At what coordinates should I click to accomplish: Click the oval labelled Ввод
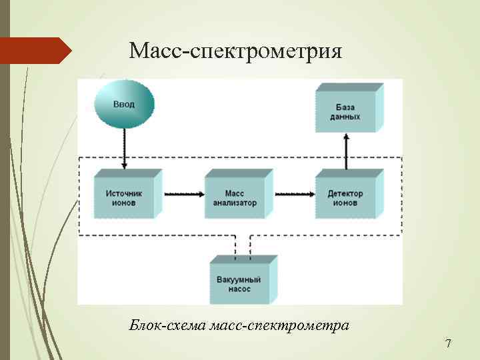(x=123, y=104)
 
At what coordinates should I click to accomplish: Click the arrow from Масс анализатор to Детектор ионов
(x=293, y=194)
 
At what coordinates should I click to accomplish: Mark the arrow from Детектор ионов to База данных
(x=346, y=151)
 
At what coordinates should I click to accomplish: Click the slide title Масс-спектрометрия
(x=235, y=51)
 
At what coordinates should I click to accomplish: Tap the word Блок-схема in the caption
(x=167, y=326)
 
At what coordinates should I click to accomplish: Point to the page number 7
(x=448, y=344)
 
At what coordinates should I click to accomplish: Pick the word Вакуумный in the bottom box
(x=239, y=281)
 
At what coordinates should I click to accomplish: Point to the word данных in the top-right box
(x=345, y=117)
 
